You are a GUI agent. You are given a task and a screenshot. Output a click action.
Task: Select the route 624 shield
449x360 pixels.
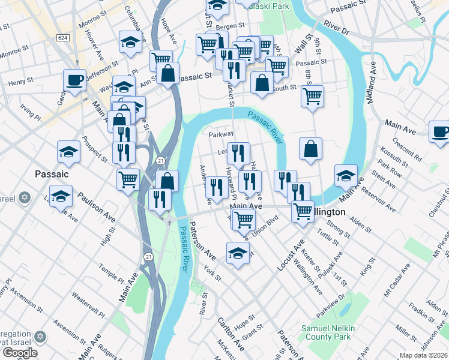pyautogui.click(x=62, y=37)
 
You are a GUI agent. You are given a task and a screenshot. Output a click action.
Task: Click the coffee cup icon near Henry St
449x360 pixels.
pyautogui.click(x=75, y=80)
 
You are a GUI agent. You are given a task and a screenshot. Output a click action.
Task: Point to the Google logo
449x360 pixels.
pyautogui.click(x=19, y=353)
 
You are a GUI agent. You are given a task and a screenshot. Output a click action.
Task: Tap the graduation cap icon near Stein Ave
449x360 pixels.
pyautogui.click(x=345, y=175)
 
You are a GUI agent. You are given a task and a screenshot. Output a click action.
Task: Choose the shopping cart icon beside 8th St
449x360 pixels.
pyautogui.click(x=312, y=95)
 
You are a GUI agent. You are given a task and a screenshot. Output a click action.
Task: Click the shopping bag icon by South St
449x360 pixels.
pyautogui.click(x=262, y=83)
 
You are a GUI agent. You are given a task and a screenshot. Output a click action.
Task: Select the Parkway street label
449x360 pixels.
pyautogui.click(x=220, y=134)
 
